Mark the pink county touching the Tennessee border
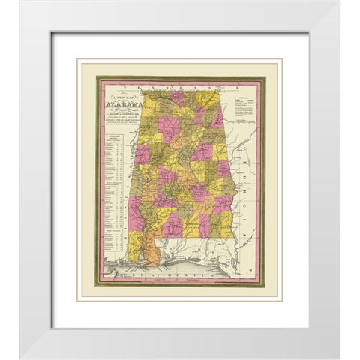(178, 97)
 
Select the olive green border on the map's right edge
(262, 180)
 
